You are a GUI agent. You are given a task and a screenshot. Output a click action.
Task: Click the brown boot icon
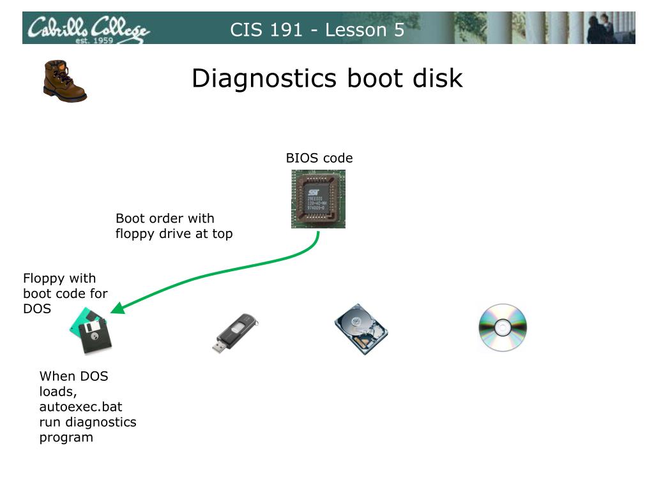click(x=64, y=80)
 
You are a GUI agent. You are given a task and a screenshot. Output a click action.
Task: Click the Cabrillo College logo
click(x=87, y=29)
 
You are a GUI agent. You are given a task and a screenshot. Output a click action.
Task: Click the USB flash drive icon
click(x=234, y=332)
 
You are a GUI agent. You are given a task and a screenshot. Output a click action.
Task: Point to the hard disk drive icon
click(x=361, y=329)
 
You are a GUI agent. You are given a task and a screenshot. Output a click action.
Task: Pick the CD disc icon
click(x=503, y=328)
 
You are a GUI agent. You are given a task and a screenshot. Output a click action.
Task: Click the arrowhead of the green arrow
click(x=115, y=310)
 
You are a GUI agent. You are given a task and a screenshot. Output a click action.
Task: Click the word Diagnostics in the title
click(x=264, y=78)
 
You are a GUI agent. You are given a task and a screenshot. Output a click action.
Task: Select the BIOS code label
click(x=319, y=158)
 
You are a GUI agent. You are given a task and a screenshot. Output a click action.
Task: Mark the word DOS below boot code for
click(x=37, y=309)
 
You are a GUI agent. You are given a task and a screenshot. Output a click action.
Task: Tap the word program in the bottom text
click(x=66, y=437)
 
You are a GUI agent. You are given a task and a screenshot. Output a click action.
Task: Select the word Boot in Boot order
click(x=130, y=218)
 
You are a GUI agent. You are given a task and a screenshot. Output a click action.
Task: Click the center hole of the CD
click(x=503, y=328)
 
